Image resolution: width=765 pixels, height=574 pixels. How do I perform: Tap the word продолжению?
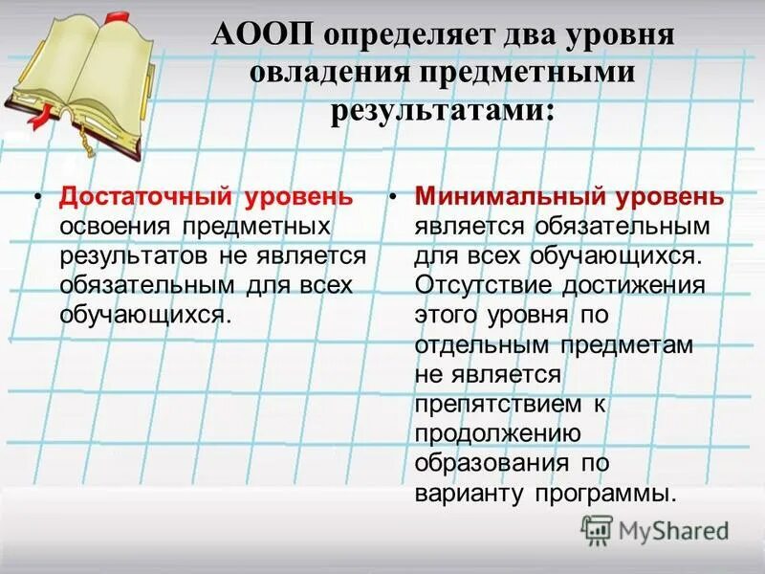(x=498, y=434)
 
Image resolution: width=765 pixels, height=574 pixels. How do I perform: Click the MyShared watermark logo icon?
(x=598, y=529)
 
